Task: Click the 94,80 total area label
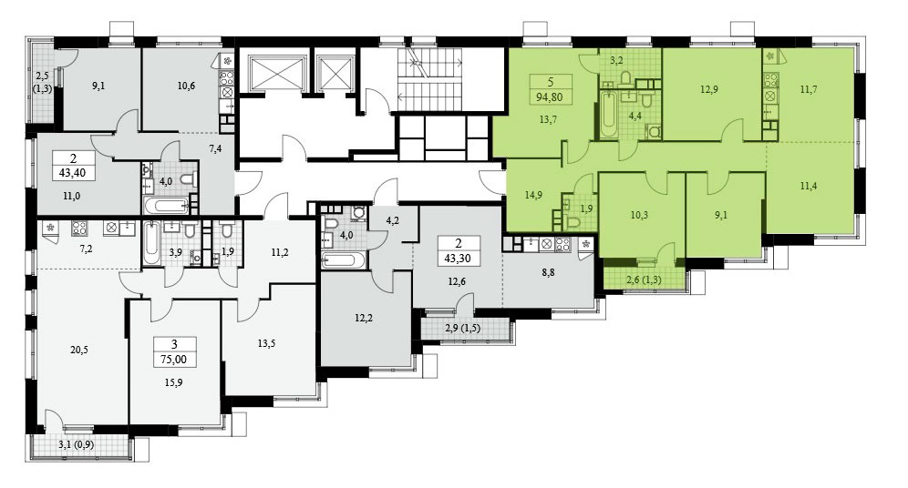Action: point(549,97)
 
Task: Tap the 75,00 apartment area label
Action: point(174,359)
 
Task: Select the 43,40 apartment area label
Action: point(73,172)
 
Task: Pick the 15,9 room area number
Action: point(173,382)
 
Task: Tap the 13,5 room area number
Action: point(266,343)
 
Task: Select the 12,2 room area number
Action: point(363,318)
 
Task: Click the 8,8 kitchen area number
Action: point(548,272)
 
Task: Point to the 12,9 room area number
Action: point(708,89)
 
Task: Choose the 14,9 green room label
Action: point(533,195)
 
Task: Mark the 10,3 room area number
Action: point(639,215)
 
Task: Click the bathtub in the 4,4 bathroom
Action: point(608,115)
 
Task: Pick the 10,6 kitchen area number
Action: point(186,86)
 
